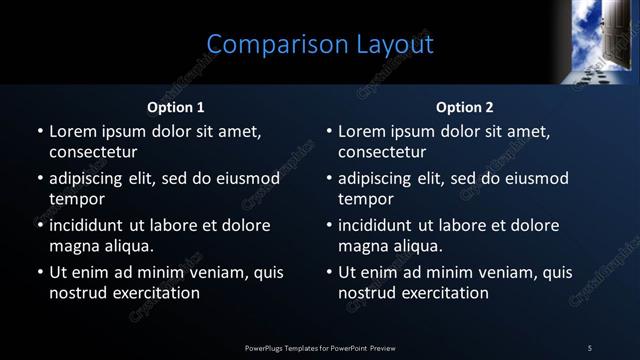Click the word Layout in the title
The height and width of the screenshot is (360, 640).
[x=395, y=45]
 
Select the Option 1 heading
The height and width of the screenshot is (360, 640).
[x=176, y=107]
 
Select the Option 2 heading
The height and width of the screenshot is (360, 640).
[x=465, y=107]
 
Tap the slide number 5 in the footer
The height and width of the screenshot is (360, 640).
[x=590, y=347]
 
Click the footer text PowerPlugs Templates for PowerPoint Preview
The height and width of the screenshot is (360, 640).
[x=320, y=347]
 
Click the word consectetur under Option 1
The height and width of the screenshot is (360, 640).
[x=93, y=153]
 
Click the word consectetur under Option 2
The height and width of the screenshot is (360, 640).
[x=382, y=153]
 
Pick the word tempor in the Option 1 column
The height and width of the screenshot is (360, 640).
[x=77, y=199]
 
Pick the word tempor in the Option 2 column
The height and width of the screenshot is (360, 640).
[x=366, y=199]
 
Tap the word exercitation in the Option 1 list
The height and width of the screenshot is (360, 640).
[x=154, y=293]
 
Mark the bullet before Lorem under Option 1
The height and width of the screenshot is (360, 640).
[x=40, y=132]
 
